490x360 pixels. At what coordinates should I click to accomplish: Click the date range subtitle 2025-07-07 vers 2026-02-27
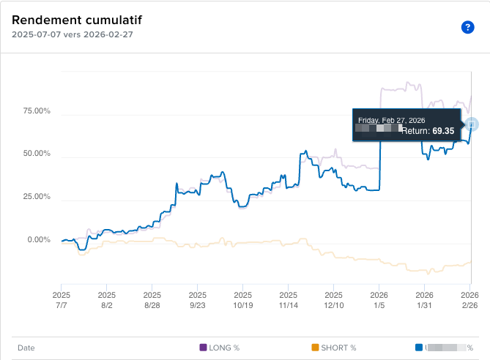pyautogui.click(x=72, y=34)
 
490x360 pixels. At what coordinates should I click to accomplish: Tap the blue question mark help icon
pyautogui.click(x=467, y=27)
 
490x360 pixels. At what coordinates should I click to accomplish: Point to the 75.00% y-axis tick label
pyautogui.click(x=36, y=111)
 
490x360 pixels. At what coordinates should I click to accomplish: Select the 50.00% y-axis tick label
pyautogui.click(x=36, y=154)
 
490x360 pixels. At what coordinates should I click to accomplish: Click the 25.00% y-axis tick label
pyautogui.click(x=36, y=197)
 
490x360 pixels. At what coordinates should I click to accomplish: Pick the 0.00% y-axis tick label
pyautogui.click(x=38, y=240)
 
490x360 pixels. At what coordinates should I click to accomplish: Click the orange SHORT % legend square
pyautogui.click(x=315, y=348)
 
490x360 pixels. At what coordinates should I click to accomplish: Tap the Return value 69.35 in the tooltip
pyautogui.click(x=443, y=131)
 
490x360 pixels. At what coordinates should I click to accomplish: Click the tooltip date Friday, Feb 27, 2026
pyautogui.click(x=390, y=120)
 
